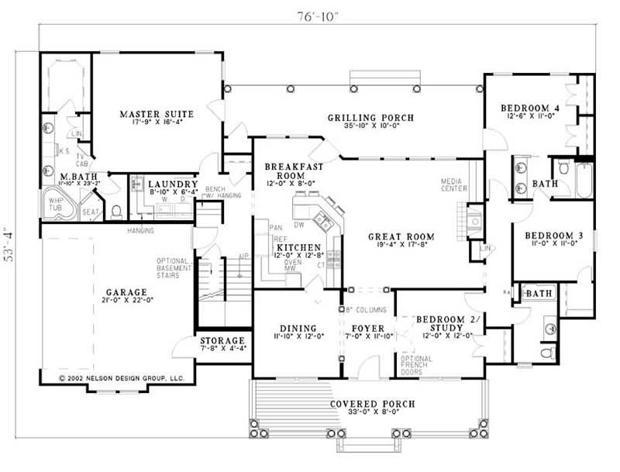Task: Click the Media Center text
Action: (x=453, y=184)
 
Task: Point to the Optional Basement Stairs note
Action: (x=173, y=268)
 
